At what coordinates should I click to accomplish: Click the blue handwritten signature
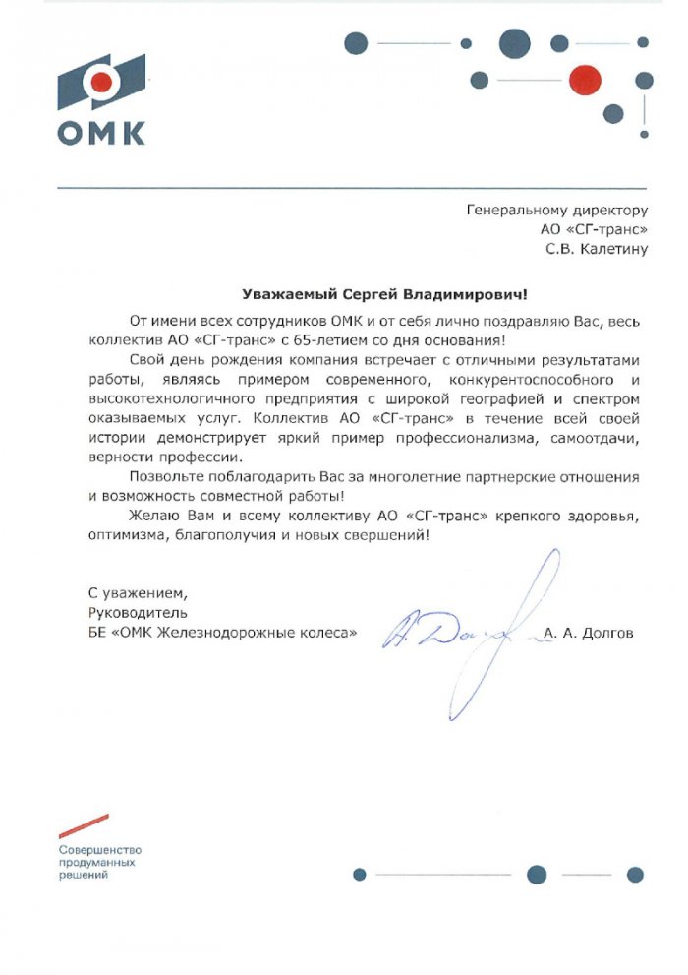click(462, 630)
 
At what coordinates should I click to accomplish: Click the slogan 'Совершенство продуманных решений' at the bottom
click(100, 861)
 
